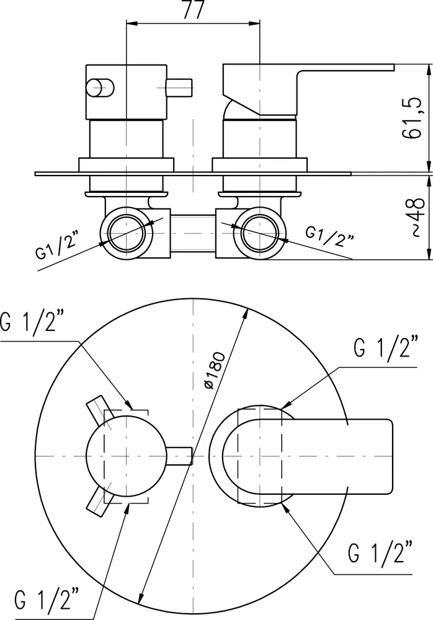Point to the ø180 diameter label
tap(216, 370)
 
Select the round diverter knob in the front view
tap(126, 458)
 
